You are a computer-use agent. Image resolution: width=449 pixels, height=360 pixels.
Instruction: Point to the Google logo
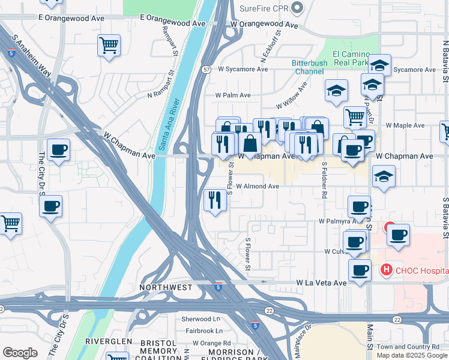(20, 353)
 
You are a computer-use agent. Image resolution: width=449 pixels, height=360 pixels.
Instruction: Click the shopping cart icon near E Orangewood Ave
(109, 46)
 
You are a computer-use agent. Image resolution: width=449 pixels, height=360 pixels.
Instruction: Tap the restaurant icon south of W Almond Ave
(215, 200)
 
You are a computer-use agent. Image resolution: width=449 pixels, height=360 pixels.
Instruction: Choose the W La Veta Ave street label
(322, 283)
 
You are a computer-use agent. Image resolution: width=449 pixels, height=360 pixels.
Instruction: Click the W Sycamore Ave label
(243, 69)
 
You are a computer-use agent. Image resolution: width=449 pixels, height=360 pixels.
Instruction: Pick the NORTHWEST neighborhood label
(166, 287)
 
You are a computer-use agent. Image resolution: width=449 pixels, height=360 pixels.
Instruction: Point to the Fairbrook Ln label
(203, 331)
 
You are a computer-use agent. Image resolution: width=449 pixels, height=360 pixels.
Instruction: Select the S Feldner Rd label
(324, 179)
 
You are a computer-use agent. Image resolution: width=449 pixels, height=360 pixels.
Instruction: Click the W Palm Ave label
(233, 95)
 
